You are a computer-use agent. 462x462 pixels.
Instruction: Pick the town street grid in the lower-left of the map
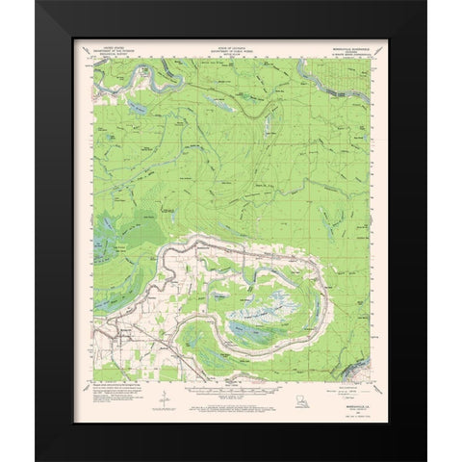click(120, 338)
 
